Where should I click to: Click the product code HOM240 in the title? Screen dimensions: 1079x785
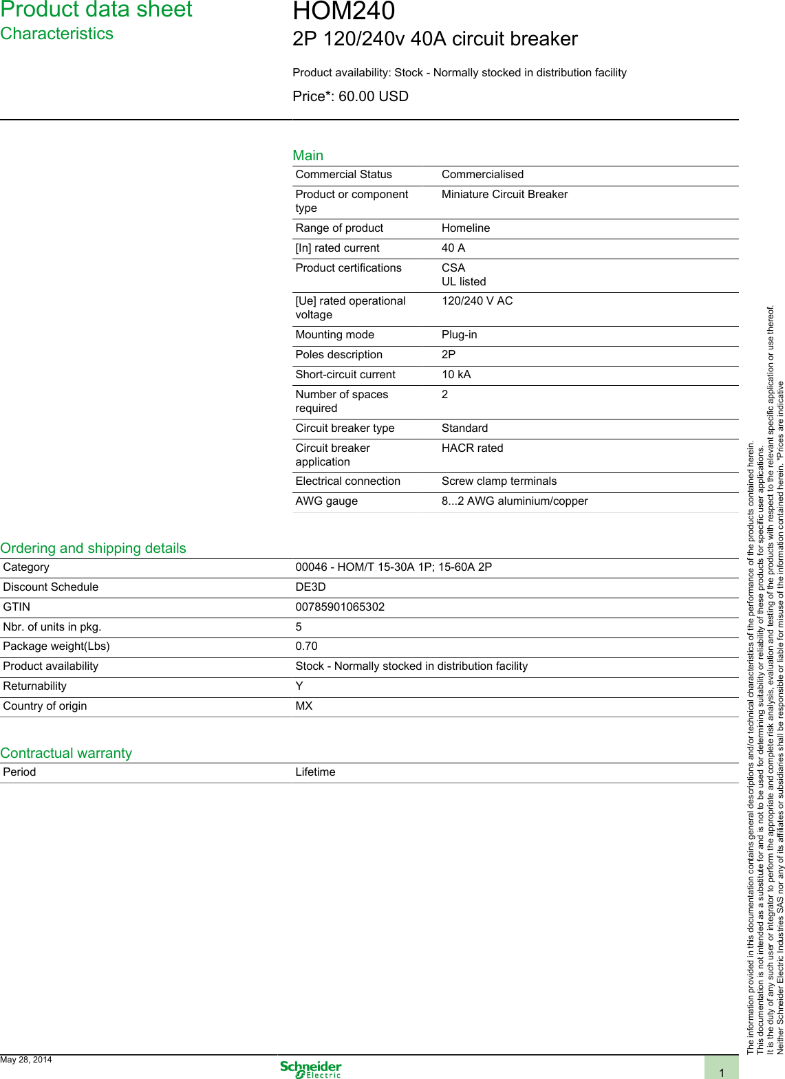[343, 12]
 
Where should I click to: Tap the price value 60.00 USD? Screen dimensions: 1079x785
[373, 96]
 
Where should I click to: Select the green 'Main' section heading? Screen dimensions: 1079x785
[308, 155]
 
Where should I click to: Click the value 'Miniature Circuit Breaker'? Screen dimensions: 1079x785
[504, 195]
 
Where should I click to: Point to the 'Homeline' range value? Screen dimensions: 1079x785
[466, 228]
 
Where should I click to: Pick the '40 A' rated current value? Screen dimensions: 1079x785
[453, 248]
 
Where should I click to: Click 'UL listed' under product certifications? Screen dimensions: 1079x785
[463, 282]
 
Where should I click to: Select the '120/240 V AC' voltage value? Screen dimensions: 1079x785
[477, 301]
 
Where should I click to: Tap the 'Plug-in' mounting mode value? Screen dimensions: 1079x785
[459, 335]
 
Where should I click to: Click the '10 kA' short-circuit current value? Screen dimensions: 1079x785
[456, 375]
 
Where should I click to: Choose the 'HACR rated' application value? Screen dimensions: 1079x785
[472, 448]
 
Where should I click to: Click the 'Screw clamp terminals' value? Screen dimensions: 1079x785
[499, 481]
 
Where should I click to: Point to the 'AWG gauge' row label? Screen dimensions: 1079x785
[326, 501]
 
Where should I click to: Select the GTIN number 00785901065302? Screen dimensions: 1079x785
[340, 607]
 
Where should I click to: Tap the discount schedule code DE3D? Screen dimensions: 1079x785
[310, 587]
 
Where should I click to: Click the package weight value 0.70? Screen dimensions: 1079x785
[306, 646]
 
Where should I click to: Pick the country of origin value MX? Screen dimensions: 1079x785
[303, 706]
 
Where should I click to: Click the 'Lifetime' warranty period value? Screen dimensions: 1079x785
[315, 772]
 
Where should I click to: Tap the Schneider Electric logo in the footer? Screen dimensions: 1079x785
[310, 1069]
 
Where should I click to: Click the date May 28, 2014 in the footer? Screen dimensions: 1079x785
[26, 1060]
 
